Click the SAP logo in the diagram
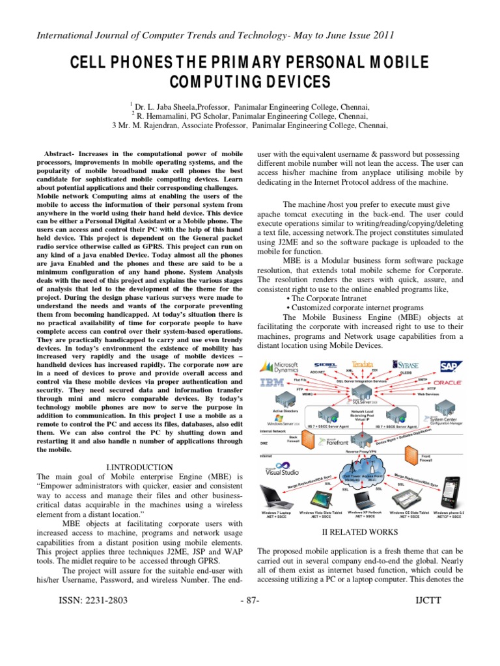click(x=450, y=365)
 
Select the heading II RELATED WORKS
click(x=360, y=531)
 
